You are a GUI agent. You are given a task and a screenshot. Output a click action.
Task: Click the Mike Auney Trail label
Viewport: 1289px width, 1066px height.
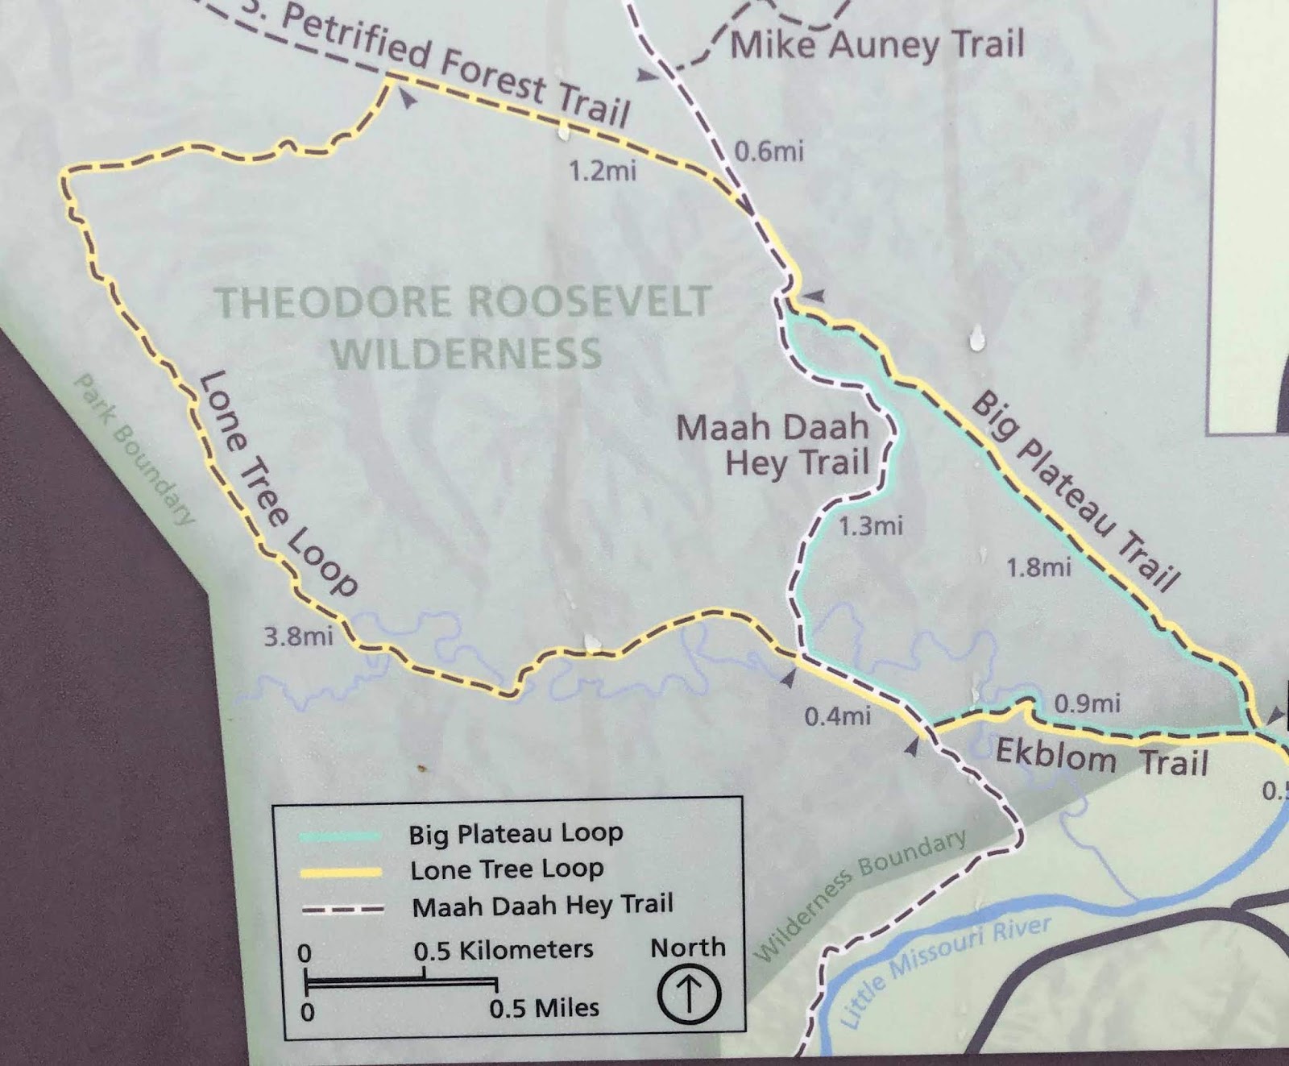tap(877, 44)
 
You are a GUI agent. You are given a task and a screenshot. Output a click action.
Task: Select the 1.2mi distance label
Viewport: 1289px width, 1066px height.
tap(602, 171)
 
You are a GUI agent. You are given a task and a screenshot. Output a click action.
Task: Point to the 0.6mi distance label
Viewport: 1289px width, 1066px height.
tap(769, 151)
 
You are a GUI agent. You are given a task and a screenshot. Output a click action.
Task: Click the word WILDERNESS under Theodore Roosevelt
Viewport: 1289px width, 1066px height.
tap(467, 354)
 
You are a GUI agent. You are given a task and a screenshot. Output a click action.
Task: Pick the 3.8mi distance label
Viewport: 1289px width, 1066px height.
tap(298, 637)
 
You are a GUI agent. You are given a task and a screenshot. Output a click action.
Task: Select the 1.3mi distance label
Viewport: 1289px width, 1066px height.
tap(870, 527)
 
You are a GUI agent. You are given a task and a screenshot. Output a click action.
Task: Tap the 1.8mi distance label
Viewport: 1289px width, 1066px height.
tap(1038, 568)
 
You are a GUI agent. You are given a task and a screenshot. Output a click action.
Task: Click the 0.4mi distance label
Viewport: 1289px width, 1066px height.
tap(838, 716)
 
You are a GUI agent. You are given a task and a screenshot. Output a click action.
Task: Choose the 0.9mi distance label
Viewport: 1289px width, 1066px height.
tap(1088, 703)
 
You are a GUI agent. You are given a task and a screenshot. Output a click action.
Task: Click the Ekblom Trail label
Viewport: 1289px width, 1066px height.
tap(1101, 758)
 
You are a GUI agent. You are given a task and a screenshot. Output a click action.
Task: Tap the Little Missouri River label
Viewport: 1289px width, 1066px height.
tap(946, 971)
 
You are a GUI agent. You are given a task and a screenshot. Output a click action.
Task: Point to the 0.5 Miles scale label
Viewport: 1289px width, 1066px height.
tap(544, 1008)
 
